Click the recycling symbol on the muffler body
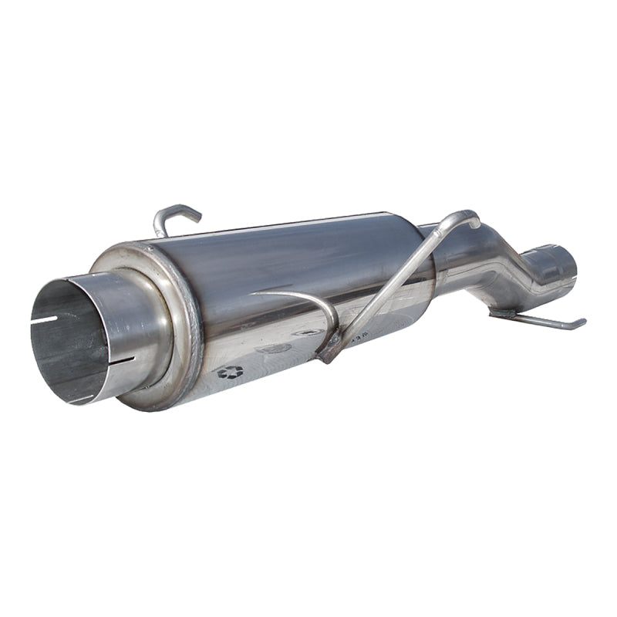click(229, 373)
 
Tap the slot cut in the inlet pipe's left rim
click(48, 319)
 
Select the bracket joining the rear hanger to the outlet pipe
click(503, 313)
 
